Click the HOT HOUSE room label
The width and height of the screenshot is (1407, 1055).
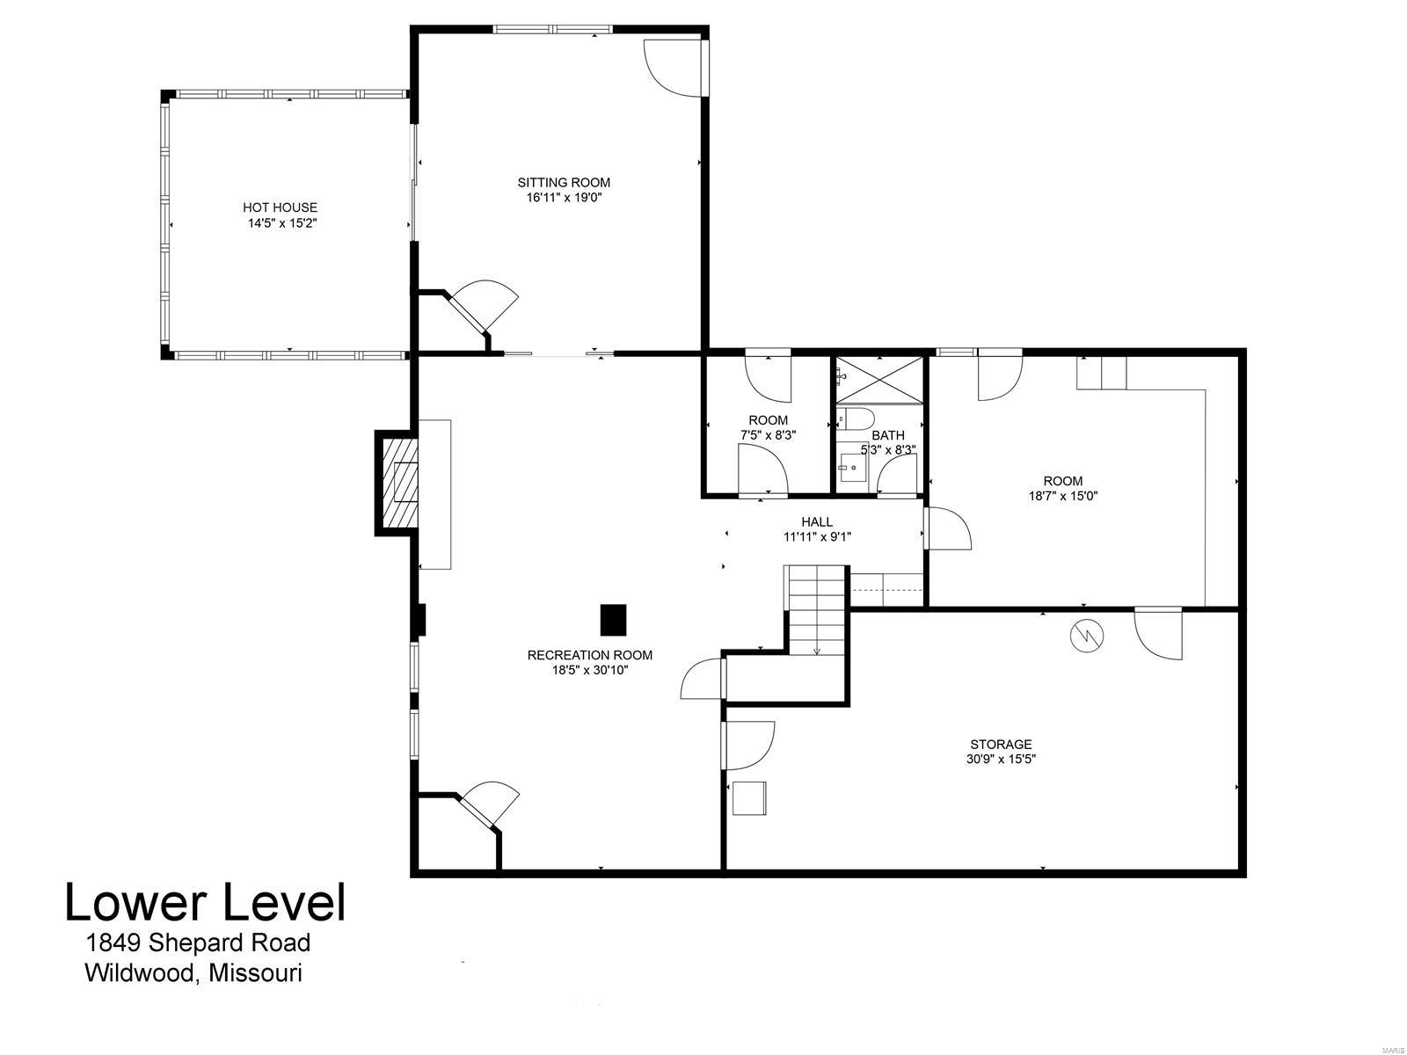pos(280,207)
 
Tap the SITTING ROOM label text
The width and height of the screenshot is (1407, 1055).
pos(563,183)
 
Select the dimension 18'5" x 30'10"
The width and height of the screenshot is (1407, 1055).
pos(589,670)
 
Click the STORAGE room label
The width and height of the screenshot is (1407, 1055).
pos(1001,744)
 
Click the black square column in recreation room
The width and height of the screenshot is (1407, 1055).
pos(613,619)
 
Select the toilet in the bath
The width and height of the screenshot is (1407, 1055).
pos(854,417)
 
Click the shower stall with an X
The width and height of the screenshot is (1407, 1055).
pos(879,379)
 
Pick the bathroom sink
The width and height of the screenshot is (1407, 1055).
pos(851,468)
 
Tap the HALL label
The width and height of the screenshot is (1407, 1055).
pos(817,522)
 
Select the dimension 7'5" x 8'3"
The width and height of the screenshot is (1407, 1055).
pos(768,434)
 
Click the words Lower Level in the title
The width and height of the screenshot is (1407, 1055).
pos(205,903)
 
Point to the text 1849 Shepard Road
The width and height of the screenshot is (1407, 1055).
pos(198,943)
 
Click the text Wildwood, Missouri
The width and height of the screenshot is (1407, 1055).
pos(193,973)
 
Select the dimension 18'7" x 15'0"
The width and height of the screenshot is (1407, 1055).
pos(1062,495)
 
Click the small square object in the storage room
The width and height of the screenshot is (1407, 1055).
pos(748,798)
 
